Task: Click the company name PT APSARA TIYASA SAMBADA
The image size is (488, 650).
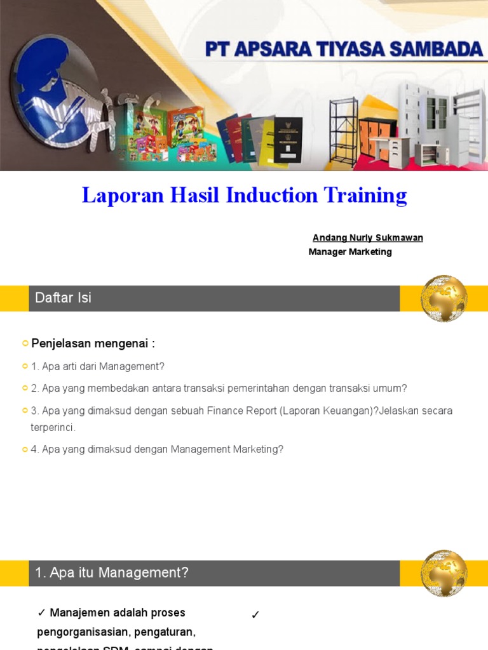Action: (x=344, y=50)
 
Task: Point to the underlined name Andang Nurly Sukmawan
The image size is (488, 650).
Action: (x=367, y=237)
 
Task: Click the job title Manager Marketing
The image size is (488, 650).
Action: (x=350, y=252)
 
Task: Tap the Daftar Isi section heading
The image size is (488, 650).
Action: (x=63, y=298)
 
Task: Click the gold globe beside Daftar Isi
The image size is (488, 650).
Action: (x=444, y=298)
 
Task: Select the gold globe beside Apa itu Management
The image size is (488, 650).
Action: (x=444, y=573)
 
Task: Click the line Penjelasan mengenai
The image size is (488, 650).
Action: (x=93, y=343)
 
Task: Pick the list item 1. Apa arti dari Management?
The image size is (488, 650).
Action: (x=97, y=366)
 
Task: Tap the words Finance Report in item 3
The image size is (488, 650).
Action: (x=241, y=411)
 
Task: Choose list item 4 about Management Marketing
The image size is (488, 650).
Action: (x=157, y=449)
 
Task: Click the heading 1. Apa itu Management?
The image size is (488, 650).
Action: (x=112, y=573)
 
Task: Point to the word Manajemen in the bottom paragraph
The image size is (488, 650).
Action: (x=78, y=613)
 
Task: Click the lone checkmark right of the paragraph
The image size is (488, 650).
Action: (x=255, y=614)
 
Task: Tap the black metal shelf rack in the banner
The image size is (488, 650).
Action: (x=344, y=133)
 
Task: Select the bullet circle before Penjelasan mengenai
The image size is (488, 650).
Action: (x=25, y=343)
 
